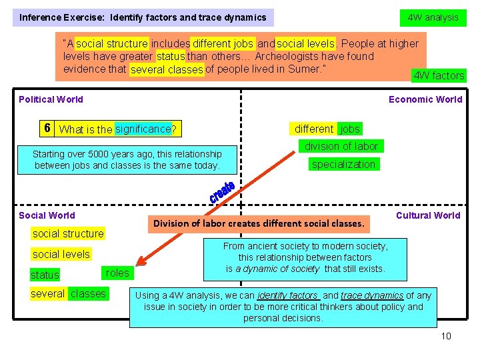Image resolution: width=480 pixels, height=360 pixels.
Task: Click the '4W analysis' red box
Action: point(433,17)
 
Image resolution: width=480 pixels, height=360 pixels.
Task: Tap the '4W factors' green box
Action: point(439,75)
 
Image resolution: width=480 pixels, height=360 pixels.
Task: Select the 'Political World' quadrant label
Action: point(51,99)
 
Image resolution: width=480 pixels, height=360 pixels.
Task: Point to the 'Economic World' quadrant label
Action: point(425,99)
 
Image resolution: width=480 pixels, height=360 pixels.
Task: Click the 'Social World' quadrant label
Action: point(47,215)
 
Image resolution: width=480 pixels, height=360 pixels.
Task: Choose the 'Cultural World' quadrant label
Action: point(428,215)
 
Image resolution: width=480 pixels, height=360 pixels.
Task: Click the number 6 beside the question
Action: point(47,129)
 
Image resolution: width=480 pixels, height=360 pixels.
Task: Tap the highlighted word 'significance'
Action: point(143,129)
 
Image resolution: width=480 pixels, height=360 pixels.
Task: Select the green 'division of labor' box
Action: point(341,146)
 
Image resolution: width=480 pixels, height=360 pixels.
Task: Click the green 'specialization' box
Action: point(343,164)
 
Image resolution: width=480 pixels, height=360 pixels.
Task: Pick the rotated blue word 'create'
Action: point(221,192)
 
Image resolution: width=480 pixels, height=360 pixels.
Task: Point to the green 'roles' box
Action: point(117,273)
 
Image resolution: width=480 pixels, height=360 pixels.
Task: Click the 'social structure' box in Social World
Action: point(68,233)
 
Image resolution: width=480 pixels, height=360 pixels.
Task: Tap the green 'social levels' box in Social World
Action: point(61,254)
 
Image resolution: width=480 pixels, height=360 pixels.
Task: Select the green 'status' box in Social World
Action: point(45,275)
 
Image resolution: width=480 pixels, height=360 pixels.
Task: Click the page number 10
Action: point(446,335)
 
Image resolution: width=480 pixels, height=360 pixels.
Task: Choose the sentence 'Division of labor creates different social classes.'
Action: point(259,223)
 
